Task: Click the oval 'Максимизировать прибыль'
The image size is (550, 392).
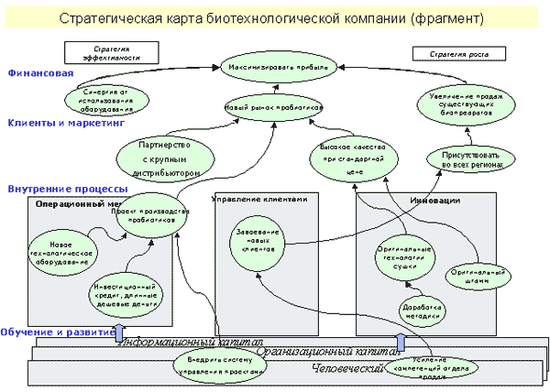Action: tap(280, 67)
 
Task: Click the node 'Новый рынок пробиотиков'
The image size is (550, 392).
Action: tap(274, 109)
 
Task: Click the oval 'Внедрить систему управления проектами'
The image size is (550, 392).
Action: tap(219, 365)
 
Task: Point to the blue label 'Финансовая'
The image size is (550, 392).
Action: tap(38, 72)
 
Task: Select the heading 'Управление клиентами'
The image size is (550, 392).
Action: tap(265, 200)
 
